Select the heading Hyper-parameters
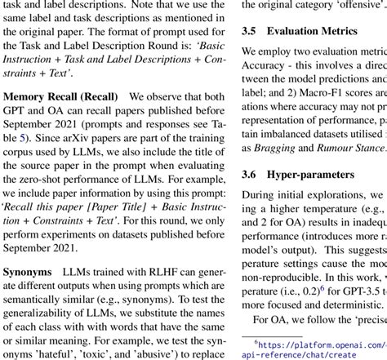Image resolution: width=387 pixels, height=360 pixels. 316,174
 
